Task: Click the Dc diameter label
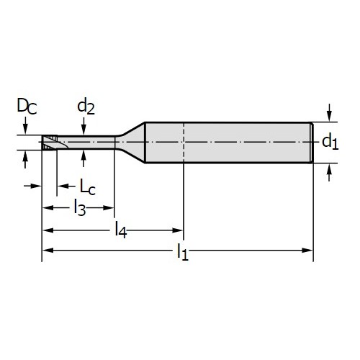pos(27,106)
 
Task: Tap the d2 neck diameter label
pos(86,107)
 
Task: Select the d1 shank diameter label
pos(330,142)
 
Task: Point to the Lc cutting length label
pos(88,186)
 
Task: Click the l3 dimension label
pos(80,207)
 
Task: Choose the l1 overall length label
pos(183,251)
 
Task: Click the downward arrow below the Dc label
pos(25,125)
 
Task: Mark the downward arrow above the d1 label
pos(330,113)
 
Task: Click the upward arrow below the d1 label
pos(329,172)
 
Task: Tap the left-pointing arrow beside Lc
pos(63,186)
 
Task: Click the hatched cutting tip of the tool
pos(50,143)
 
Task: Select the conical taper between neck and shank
pos(131,143)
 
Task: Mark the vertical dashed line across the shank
pos(184,143)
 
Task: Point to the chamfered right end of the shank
pos(312,143)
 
